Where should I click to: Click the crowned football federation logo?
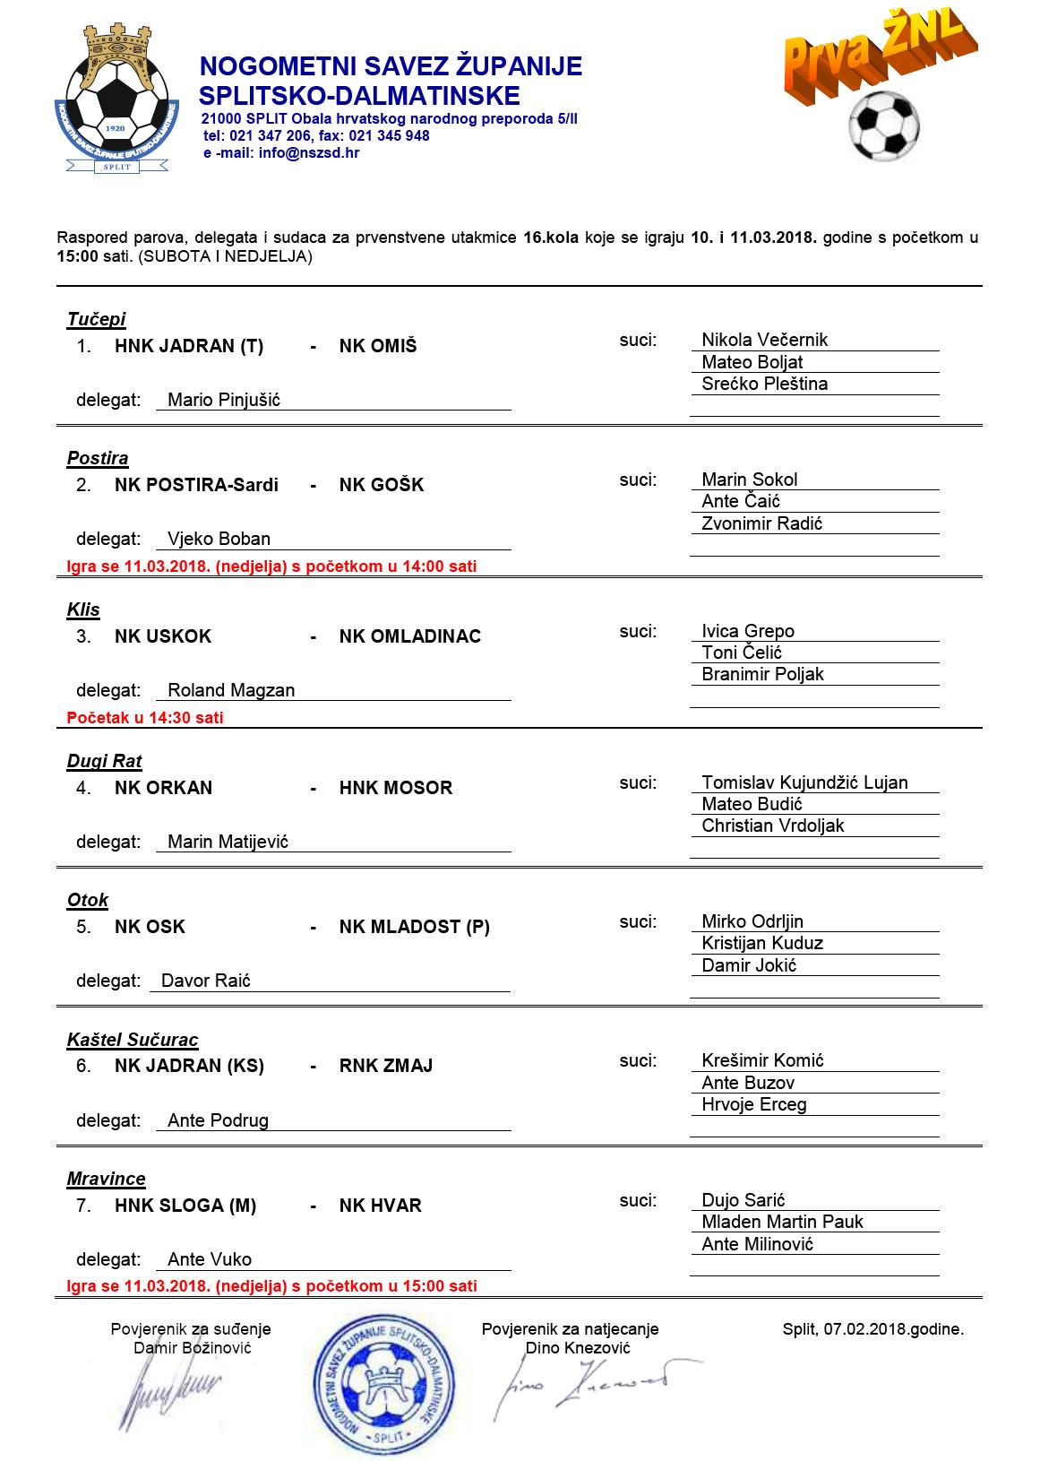(x=117, y=99)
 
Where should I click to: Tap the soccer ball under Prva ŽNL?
(x=883, y=126)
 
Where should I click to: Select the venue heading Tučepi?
(x=96, y=319)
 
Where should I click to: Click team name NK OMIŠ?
(x=378, y=346)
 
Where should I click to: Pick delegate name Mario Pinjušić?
(x=224, y=400)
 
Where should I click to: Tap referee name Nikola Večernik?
(x=764, y=340)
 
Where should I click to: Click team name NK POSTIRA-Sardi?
(x=196, y=485)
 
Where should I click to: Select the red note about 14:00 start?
(x=271, y=566)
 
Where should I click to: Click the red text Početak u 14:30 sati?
(x=145, y=718)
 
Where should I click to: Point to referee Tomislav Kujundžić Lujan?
(x=804, y=782)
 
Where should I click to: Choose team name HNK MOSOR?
(x=396, y=788)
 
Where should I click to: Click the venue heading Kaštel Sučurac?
(x=133, y=1040)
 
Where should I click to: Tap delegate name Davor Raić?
(x=206, y=981)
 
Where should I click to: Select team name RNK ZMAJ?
(x=386, y=1066)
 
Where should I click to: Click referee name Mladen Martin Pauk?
(x=782, y=1222)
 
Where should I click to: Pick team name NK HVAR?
(x=380, y=1206)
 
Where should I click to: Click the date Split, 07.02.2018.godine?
(x=872, y=1329)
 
